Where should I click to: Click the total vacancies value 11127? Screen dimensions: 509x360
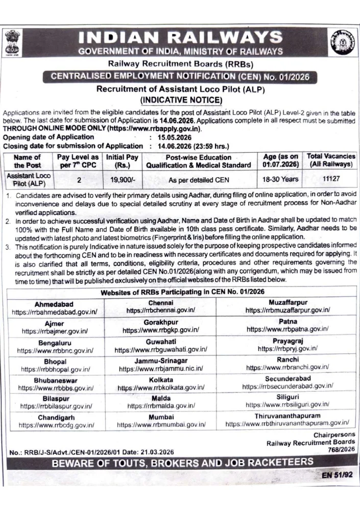(330, 180)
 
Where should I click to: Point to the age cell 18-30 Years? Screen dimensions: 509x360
(280, 180)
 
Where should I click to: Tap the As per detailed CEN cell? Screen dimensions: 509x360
(199, 180)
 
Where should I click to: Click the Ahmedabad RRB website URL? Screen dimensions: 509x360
(54, 311)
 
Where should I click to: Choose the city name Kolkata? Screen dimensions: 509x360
(161, 380)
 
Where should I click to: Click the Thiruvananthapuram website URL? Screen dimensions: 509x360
(287, 423)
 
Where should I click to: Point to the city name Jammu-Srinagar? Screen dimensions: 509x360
(161, 360)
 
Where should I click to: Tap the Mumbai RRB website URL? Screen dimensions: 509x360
(161, 424)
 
